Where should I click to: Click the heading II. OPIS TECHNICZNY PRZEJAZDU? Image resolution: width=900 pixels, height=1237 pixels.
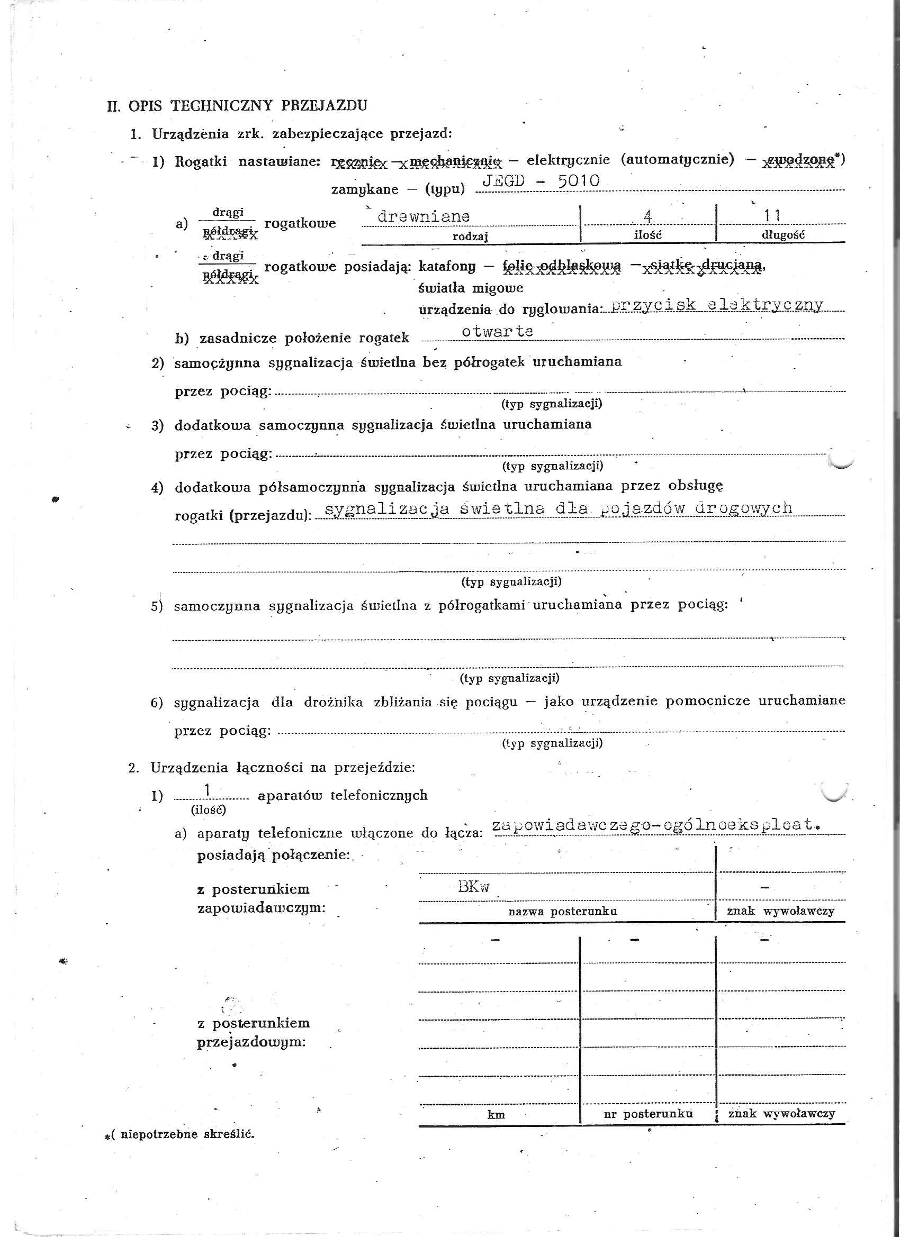(x=237, y=105)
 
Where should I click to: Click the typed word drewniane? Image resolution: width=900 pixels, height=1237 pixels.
(x=424, y=216)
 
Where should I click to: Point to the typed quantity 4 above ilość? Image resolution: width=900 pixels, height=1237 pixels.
(x=648, y=216)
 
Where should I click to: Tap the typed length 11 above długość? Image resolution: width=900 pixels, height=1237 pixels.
(x=772, y=216)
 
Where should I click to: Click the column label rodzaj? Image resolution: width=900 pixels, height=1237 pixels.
(x=470, y=236)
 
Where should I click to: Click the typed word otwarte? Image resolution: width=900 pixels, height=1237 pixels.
(x=497, y=331)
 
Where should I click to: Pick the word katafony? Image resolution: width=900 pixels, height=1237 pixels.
(x=447, y=266)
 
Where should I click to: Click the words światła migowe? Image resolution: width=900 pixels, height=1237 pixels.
(x=471, y=287)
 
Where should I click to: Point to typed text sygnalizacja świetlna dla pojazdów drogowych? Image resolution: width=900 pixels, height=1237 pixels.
(x=558, y=508)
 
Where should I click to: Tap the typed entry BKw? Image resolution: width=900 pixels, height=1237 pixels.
(x=474, y=887)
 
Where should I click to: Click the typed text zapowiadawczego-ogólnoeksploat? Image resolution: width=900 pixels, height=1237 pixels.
(x=656, y=825)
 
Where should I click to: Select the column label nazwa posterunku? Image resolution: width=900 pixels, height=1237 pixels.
(x=562, y=911)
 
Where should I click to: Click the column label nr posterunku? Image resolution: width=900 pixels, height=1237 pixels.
(x=648, y=1114)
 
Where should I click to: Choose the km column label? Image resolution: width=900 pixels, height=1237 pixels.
(x=496, y=1115)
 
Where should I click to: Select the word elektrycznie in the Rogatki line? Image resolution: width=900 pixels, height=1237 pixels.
(x=568, y=160)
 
